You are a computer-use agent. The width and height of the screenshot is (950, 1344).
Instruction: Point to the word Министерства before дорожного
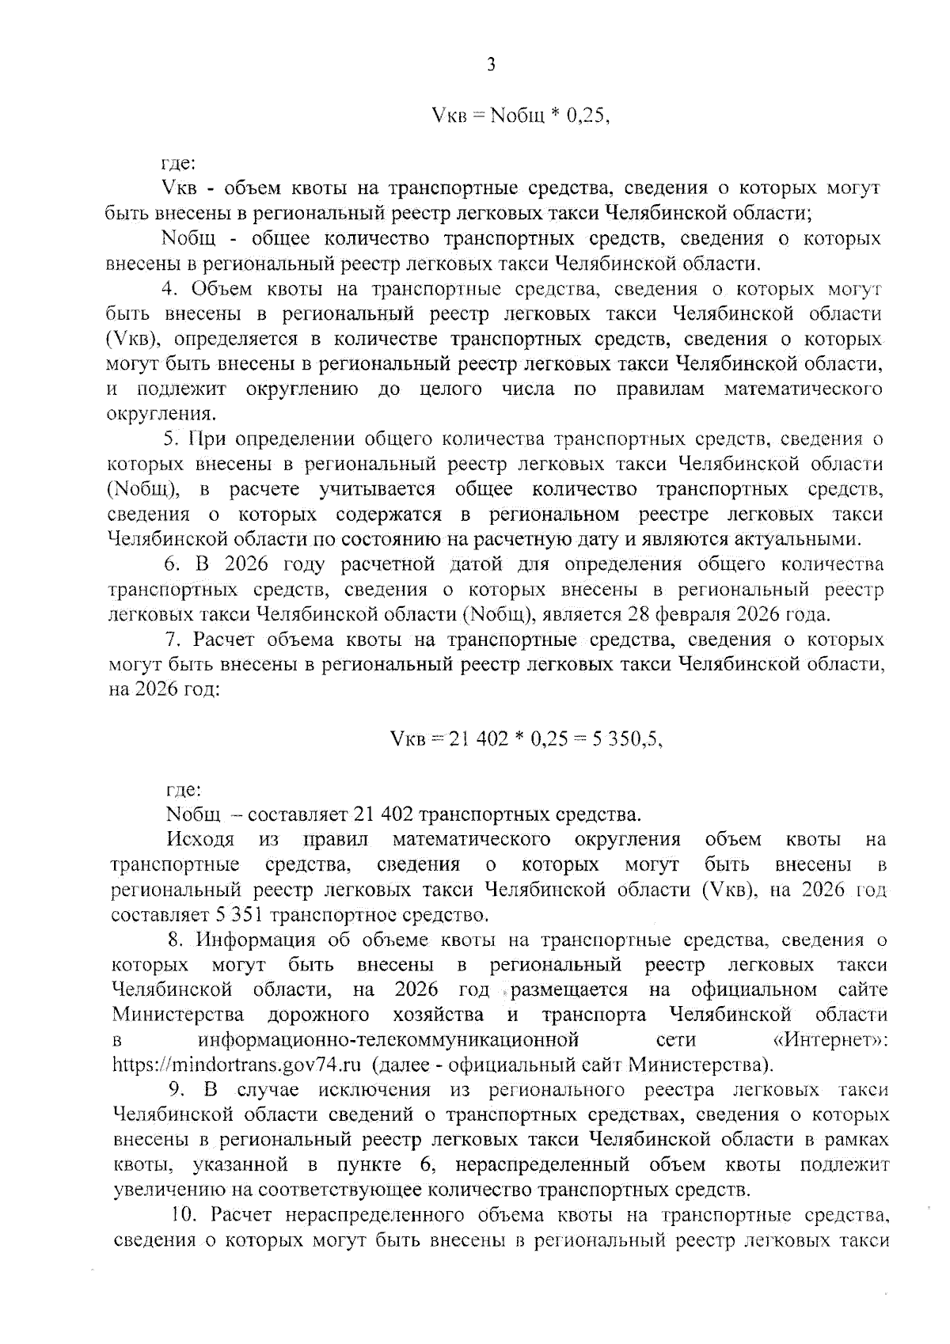[x=178, y=1014]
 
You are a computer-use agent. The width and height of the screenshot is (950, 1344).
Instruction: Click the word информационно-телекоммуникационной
[x=389, y=1038]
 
